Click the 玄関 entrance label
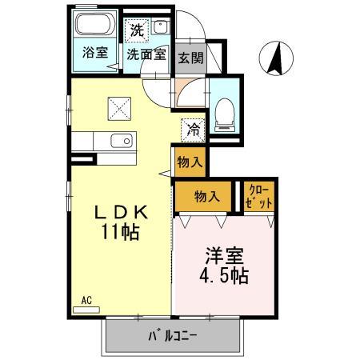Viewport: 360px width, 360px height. tap(190, 58)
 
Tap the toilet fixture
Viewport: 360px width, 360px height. tap(224, 114)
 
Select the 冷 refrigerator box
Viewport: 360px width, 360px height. tap(193, 126)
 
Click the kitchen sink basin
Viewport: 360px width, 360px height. tap(122, 142)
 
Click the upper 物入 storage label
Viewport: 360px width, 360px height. tap(190, 162)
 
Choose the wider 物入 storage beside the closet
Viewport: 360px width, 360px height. tap(206, 196)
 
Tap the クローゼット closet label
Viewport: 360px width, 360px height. tap(259, 197)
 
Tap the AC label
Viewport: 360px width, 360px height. tap(86, 300)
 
